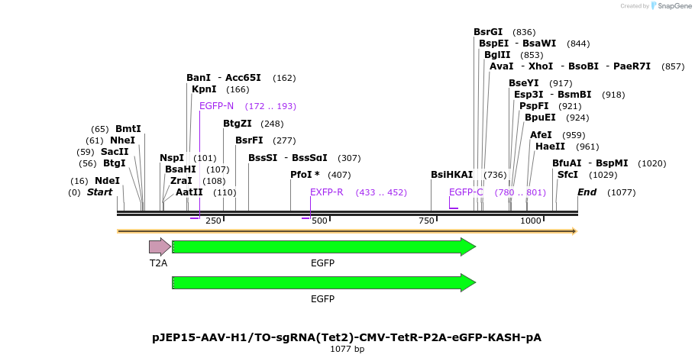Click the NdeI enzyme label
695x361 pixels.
pos(107,181)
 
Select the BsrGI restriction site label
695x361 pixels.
pos(488,32)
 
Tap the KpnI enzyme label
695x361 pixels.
pos(204,89)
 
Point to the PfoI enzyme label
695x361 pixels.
pos(305,175)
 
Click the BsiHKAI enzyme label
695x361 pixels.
pos(451,175)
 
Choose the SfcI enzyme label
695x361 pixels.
pos(567,175)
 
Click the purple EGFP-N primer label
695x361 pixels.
pos(217,106)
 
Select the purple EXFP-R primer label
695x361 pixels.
pos(326,192)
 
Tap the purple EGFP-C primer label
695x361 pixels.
pos(466,192)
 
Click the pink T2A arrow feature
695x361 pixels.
pos(160,247)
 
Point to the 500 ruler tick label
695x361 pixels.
pos(319,221)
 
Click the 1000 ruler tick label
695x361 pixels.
pos(530,221)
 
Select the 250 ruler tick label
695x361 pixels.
pos(213,221)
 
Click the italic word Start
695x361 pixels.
pos(99,192)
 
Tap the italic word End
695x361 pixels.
pos(587,192)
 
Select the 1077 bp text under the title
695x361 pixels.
pos(347,349)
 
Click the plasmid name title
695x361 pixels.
pos(347,337)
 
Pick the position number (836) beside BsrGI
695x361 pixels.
pos(524,32)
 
